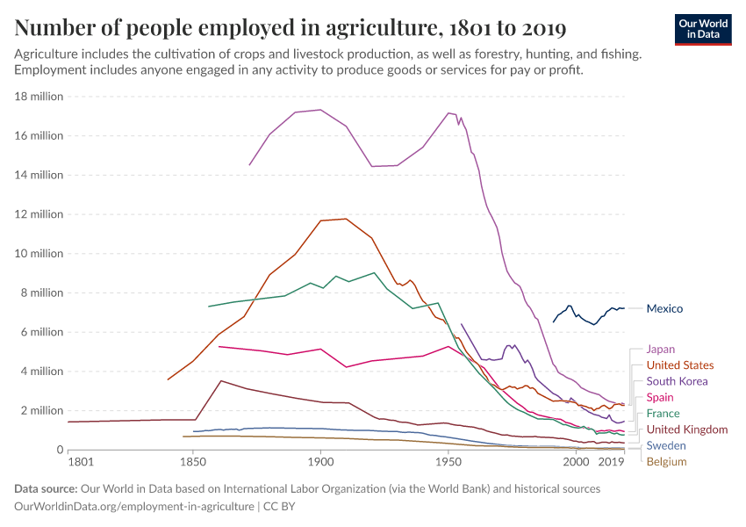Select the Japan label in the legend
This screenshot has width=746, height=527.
(x=660, y=349)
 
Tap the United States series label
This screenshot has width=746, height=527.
(x=679, y=365)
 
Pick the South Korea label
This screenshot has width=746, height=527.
(x=676, y=381)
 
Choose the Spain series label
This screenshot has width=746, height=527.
(x=660, y=398)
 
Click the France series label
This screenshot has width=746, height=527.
(x=663, y=414)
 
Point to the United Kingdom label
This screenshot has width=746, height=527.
(x=686, y=430)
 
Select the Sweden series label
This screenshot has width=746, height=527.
(x=665, y=446)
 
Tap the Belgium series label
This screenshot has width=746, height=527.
(x=666, y=461)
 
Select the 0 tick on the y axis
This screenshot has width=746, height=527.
(x=59, y=450)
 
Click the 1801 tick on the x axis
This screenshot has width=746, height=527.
(x=80, y=461)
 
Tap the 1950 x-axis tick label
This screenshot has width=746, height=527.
(x=448, y=461)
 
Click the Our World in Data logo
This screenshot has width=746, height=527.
(x=703, y=29)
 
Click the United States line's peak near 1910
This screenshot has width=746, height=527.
(x=347, y=219)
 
